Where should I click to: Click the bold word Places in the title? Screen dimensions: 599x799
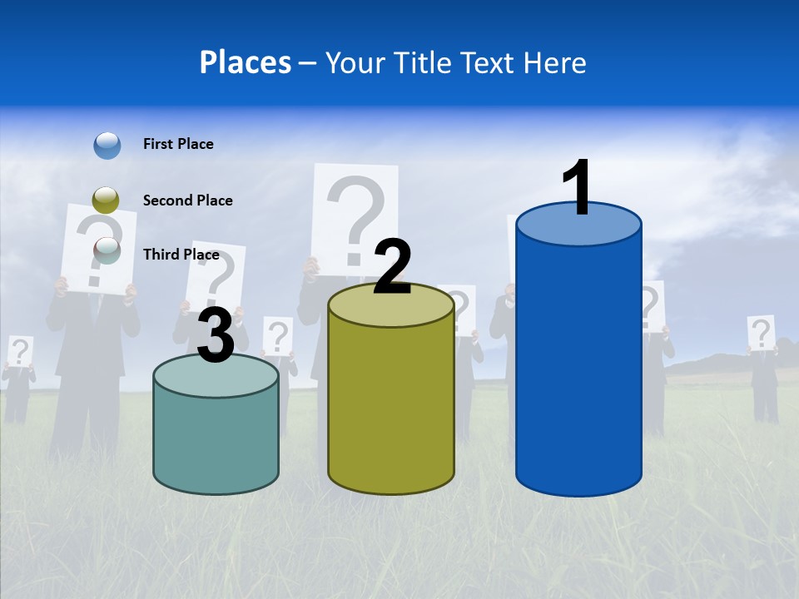(x=246, y=62)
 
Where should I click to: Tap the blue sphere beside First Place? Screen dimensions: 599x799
(x=107, y=145)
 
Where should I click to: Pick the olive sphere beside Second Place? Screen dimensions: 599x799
(x=106, y=200)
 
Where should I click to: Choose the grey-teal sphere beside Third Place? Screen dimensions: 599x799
(x=107, y=249)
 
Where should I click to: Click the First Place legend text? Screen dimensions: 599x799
(x=178, y=144)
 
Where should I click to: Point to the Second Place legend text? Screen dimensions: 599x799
(x=187, y=200)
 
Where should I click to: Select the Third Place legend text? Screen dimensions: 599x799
(x=181, y=255)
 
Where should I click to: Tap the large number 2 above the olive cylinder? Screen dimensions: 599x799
(x=392, y=267)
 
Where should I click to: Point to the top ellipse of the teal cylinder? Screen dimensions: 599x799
(x=216, y=376)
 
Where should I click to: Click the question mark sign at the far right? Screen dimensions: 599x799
(x=761, y=333)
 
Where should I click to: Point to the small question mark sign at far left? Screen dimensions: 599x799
(x=20, y=351)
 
